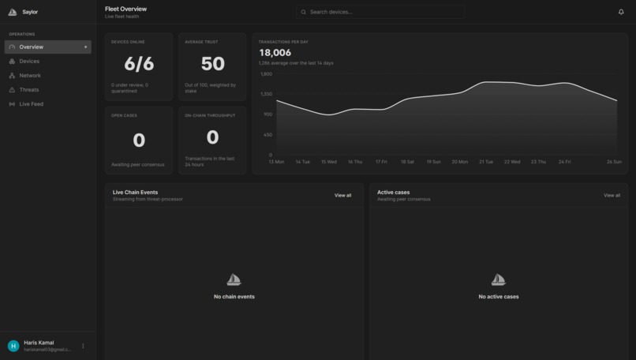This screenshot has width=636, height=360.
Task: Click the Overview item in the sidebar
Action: (x=32, y=47)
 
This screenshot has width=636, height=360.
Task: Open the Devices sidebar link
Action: (x=29, y=62)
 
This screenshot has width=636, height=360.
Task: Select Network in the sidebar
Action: (x=30, y=76)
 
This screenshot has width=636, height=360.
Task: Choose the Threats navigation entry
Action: (x=29, y=90)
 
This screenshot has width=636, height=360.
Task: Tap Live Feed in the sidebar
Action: (x=32, y=104)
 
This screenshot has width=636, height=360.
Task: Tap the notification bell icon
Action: (x=621, y=12)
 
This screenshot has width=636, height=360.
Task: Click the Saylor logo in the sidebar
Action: (x=13, y=12)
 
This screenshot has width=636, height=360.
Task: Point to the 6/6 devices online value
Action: (x=139, y=64)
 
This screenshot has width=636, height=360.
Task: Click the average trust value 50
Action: (x=212, y=64)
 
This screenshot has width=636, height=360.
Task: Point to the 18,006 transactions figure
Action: (x=275, y=53)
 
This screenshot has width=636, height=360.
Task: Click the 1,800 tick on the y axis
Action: (x=266, y=74)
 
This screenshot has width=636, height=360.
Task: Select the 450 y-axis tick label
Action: (x=267, y=135)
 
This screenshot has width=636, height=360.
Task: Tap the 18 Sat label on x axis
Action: (x=407, y=162)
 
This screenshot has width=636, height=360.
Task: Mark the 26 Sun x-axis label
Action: (x=614, y=162)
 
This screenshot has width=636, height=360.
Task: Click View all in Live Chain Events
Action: (x=342, y=195)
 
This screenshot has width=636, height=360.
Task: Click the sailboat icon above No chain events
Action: (x=234, y=280)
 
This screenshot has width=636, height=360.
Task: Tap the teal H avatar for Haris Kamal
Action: (x=13, y=346)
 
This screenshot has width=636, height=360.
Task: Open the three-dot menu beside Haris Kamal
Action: (x=83, y=346)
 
